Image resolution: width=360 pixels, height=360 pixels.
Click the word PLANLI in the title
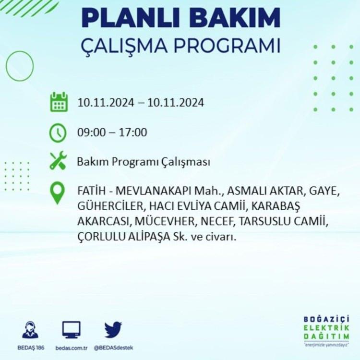tap(131, 18)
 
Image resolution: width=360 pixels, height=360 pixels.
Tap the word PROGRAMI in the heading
tap(227, 46)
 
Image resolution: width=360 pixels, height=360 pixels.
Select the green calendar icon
tap(59, 102)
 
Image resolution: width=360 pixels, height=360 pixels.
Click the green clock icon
tap(58, 133)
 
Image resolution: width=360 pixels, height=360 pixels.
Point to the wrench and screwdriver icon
tap(58, 160)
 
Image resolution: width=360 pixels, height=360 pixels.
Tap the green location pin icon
tap(58, 193)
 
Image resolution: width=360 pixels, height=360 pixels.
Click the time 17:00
tap(132, 132)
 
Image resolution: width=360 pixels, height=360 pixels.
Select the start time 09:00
tap(91, 132)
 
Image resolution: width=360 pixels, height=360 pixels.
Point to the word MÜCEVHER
tap(165, 221)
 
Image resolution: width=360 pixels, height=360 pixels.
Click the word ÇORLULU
tap(101, 237)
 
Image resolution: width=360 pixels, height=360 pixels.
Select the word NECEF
tap(217, 221)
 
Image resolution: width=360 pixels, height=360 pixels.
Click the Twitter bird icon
tap(113, 330)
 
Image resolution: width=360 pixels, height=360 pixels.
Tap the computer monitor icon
tap(72, 330)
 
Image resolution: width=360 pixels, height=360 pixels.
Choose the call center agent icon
tap(30, 330)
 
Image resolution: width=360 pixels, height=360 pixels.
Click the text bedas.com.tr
tap(72, 348)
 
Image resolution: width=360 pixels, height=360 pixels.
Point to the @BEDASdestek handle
tap(113, 348)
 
